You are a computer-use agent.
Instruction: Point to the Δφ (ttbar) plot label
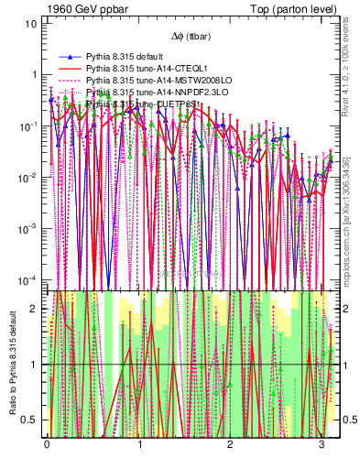(x=191, y=37)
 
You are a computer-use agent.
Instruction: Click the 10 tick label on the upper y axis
(x=31, y=24)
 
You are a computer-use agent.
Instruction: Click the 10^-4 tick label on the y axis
(x=27, y=278)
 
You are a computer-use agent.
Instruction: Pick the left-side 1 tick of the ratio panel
(x=34, y=365)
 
